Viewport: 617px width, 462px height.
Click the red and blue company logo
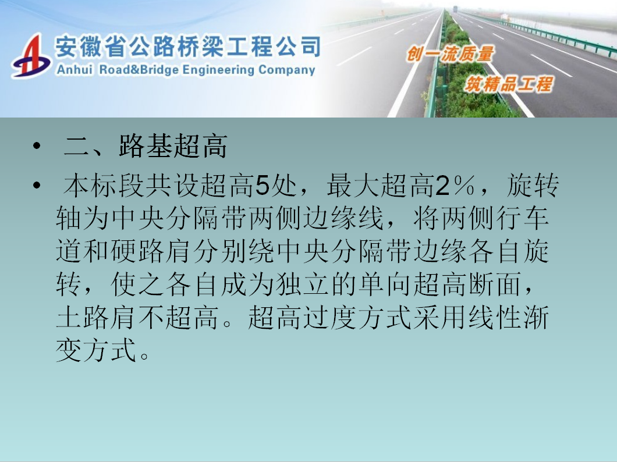pos(31,56)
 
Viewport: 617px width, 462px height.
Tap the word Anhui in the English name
pos(75,70)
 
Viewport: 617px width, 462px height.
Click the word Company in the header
pos(287,70)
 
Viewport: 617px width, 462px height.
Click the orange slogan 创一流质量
pos(450,54)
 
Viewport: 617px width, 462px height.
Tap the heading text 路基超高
pos(173,146)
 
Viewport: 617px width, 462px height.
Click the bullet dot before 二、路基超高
pos(37,147)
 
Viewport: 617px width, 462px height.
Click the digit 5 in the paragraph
pos(262,186)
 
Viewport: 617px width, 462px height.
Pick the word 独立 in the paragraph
pos(302,284)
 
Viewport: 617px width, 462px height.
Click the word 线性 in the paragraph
pos(495,317)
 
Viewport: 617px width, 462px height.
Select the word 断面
pos(495,284)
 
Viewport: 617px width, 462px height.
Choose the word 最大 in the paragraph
pos(353,186)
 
